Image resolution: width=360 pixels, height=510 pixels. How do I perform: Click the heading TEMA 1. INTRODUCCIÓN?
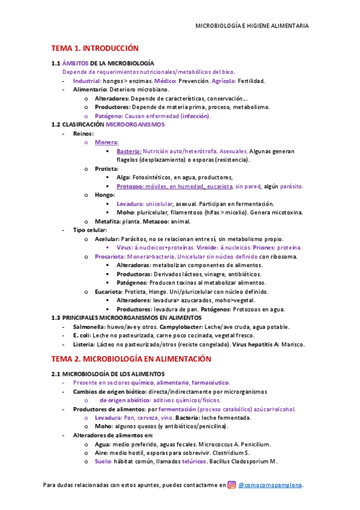point(94,48)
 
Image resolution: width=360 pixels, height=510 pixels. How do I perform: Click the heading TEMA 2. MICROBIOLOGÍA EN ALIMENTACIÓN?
point(131,359)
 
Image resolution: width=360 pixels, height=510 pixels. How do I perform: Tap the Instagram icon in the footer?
point(231,485)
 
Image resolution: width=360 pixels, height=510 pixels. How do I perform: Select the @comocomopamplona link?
point(270,485)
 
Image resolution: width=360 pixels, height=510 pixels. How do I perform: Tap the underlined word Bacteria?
point(129,152)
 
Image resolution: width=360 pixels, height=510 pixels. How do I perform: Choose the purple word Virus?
point(126,247)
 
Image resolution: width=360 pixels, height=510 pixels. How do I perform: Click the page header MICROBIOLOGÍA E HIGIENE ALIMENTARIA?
point(252,26)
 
